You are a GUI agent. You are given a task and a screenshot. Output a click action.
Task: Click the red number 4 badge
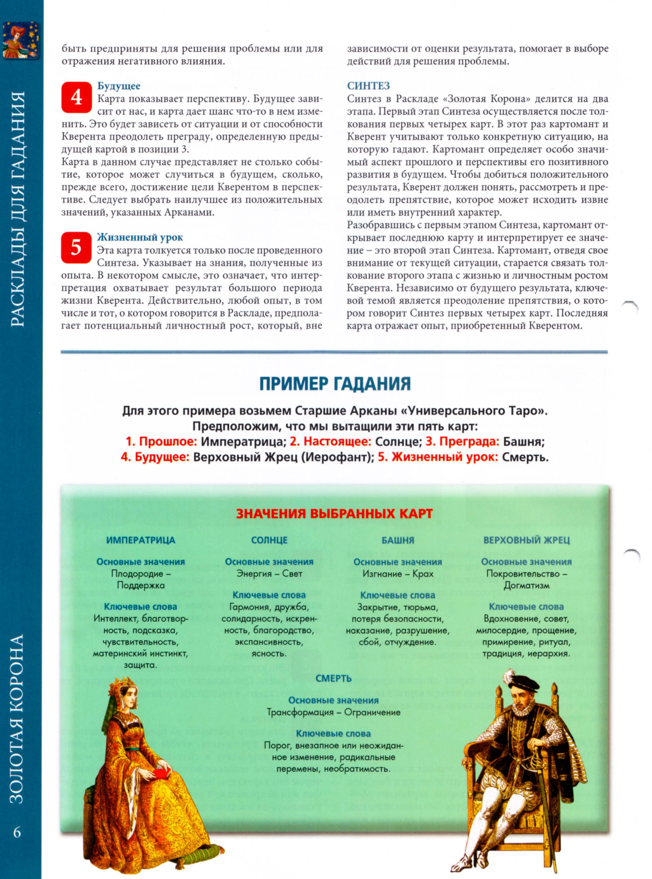[x=76, y=97]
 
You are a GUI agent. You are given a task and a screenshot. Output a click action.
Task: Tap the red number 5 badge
[x=76, y=248]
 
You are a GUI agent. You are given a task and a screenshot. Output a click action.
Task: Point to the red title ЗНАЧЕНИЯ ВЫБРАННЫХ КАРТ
[x=334, y=513]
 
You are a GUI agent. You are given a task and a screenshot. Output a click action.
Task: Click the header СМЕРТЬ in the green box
[x=334, y=678]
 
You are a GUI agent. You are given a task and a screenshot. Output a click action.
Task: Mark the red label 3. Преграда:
[x=462, y=441]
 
